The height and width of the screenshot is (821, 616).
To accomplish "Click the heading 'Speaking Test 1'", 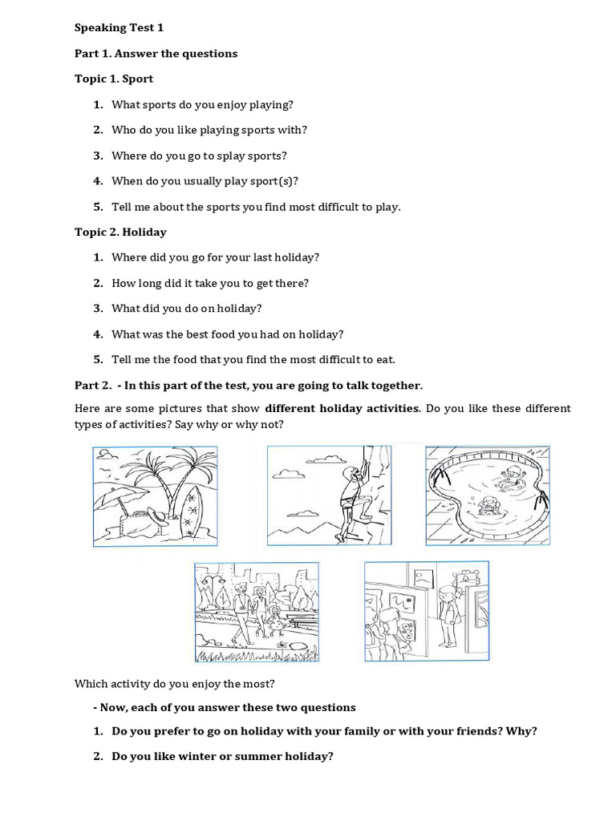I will pyautogui.click(x=119, y=27).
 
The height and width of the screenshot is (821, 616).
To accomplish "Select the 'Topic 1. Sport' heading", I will pyautogui.click(x=114, y=79).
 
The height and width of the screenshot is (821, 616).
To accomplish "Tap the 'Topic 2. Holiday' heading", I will pyautogui.click(x=120, y=232).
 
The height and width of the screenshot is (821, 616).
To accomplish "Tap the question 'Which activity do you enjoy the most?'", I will pyautogui.click(x=174, y=684).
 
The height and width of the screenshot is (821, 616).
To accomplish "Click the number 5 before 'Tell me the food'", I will pyautogui.click(x=98, y=359).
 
